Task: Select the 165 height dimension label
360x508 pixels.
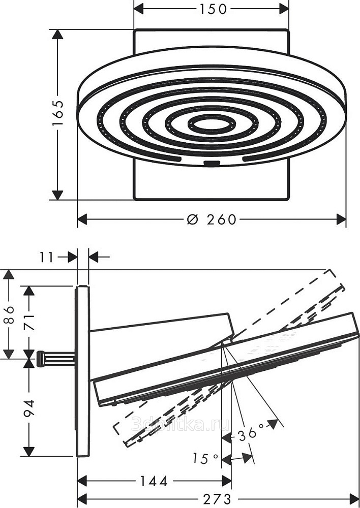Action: tap(58, 113)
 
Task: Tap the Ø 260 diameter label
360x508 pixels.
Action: tap(212, 219)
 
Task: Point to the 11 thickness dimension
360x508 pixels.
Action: tap(46, 257)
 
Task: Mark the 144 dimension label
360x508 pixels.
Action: tap(154, 481)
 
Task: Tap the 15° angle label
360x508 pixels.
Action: tap(205, 459)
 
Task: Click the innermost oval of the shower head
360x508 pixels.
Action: tap(212, 123)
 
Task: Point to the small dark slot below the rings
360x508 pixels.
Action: tap(212, 164)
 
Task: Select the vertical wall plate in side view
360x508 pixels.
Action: tap(83, 371)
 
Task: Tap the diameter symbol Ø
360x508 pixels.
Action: tap(192, 219)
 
